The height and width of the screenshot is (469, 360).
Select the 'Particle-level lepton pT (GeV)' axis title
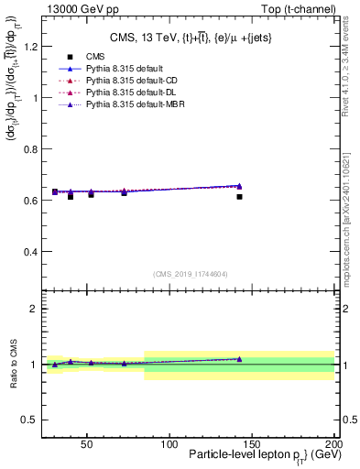coord(258,455)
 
